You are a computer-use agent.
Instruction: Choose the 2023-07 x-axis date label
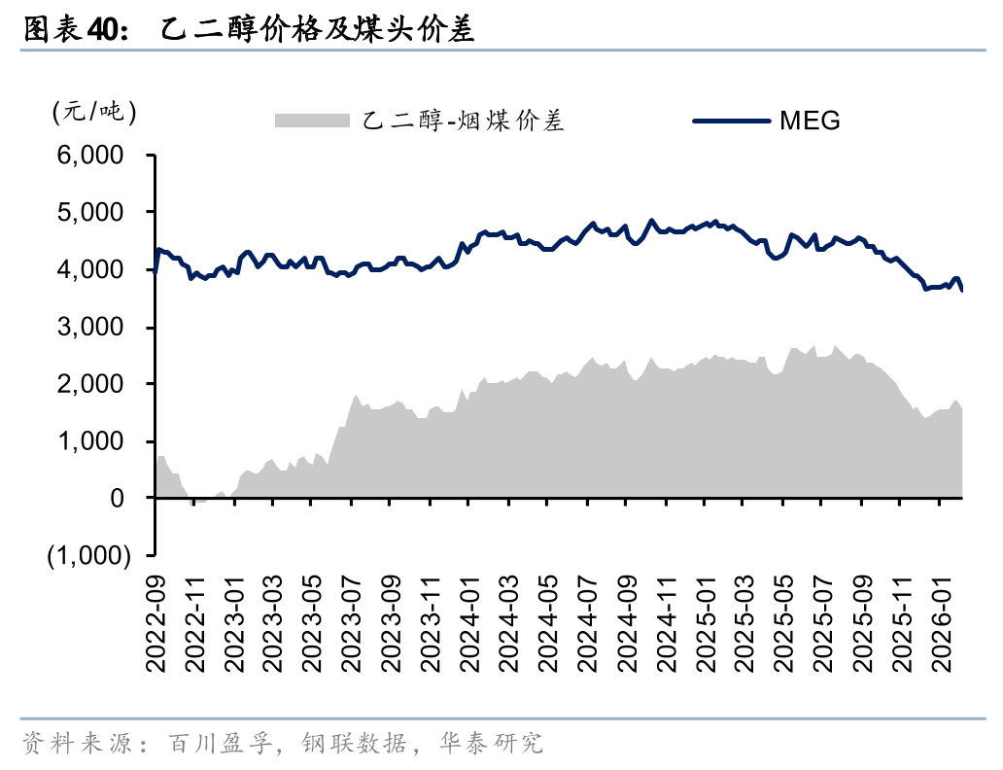(x=353, y=622)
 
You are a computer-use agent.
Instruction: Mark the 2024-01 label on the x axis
(x=470, y=622)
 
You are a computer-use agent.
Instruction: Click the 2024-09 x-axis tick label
(x=627, y=622)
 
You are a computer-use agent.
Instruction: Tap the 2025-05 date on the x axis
(x=783, y=622)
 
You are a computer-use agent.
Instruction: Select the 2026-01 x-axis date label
(x=940, y=622)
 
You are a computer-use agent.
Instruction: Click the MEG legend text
(x=810, y=121)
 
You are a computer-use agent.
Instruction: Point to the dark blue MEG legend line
(x=731, y=121)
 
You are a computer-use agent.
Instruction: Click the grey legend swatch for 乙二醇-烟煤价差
(x=312, y=121)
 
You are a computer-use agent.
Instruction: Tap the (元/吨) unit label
(x=93, y=112)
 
